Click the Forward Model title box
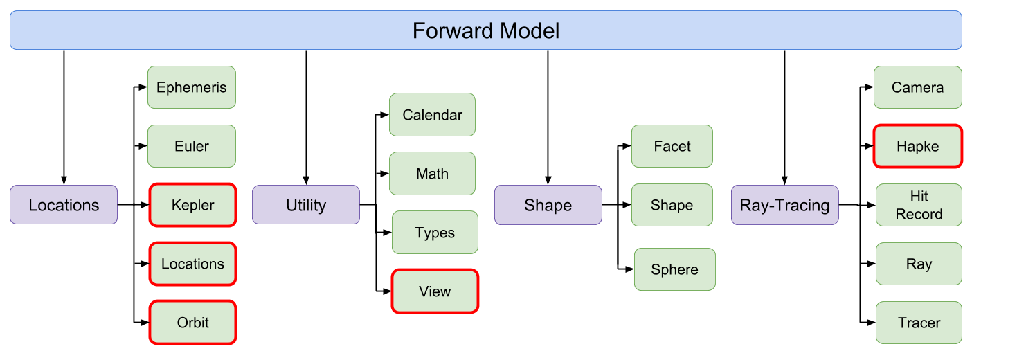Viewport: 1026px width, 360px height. point(485,30)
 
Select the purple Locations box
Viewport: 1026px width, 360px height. point(64,205)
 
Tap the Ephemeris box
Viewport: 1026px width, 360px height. point(192,87)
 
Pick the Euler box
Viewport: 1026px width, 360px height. point(192,146)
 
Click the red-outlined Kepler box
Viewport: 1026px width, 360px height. point(192,205)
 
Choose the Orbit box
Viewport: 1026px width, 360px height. point(192,323)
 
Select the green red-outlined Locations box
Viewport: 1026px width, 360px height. point(192,264)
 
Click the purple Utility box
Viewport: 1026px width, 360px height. point(306,205)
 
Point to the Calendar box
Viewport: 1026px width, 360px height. point(432,114)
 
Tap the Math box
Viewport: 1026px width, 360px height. point(432,174)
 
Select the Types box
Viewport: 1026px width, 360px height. point(435,232)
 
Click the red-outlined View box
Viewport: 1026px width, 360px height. point(435,291)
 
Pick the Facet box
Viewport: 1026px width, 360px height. point(672,146)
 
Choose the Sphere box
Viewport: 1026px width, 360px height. point(675,269)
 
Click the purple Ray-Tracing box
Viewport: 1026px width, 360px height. point(784,205)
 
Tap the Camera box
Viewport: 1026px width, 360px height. point(917,87)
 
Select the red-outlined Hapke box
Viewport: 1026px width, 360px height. point(917,146)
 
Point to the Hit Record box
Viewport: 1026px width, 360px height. point(919,205)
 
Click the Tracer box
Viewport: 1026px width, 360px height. point(919,323)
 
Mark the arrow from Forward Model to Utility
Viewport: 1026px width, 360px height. point(306,117)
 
